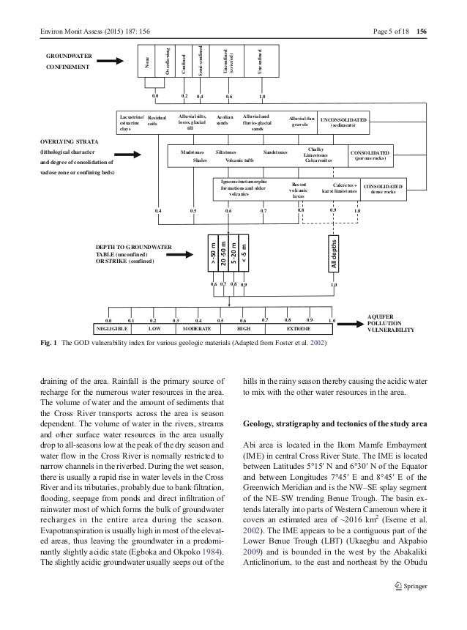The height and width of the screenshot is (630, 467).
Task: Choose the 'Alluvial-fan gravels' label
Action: click(303, 122)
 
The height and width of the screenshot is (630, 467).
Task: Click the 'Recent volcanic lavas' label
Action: click(299, 190)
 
